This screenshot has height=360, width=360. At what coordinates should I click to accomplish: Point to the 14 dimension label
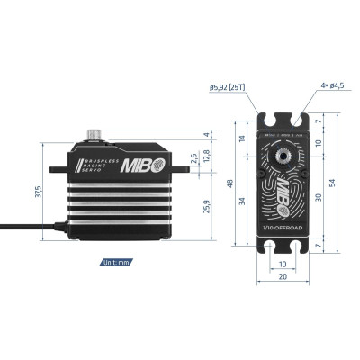[243, 140]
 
